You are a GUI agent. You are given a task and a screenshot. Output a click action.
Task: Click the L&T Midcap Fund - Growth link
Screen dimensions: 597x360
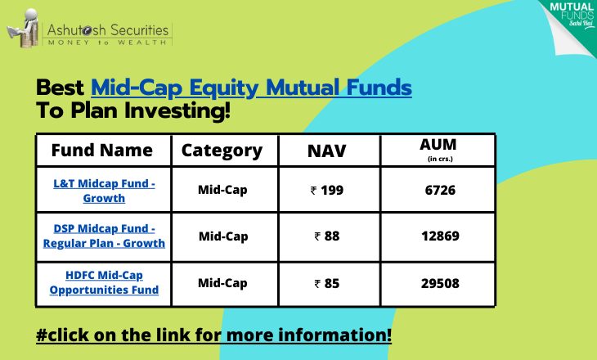point(104,191)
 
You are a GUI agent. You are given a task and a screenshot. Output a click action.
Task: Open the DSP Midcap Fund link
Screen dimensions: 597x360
point(104,236)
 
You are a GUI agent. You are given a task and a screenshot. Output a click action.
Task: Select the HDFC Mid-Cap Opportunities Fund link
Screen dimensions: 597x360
point(104,282)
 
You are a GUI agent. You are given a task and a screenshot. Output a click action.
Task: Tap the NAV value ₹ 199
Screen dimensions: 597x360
point(327,190)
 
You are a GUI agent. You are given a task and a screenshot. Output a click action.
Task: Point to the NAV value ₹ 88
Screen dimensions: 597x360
point(327,236)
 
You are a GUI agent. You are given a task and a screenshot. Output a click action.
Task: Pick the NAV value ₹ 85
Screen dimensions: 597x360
point(327,283)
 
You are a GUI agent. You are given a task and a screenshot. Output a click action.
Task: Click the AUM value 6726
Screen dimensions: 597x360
point(440,190)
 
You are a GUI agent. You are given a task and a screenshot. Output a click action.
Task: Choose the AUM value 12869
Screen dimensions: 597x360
point(440,236)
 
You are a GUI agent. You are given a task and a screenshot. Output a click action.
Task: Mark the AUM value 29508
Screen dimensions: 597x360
point(440,283)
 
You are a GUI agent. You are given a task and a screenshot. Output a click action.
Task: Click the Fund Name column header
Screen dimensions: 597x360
point(102,150)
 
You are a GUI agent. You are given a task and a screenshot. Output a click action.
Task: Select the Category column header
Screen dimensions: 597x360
point(222,151)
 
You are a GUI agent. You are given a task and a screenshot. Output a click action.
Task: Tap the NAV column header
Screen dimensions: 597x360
point(326,151)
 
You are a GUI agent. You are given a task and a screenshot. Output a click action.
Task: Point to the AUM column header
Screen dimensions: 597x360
point(438,149)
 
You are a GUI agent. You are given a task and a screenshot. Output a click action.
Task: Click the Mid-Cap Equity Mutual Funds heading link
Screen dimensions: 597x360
point(251,88)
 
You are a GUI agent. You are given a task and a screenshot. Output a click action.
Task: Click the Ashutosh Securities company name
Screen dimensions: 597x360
point(108,30)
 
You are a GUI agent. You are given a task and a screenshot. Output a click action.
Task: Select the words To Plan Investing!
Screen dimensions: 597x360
point(133,110)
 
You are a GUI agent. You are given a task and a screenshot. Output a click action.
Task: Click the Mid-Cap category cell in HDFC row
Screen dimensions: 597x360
point(222,283)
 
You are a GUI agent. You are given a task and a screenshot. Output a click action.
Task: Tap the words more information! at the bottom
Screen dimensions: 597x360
point(309,335)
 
